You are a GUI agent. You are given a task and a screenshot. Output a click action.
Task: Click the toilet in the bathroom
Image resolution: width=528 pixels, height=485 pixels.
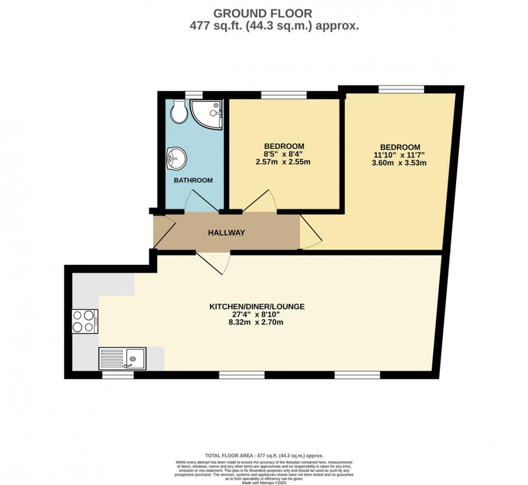(x=179, y=112)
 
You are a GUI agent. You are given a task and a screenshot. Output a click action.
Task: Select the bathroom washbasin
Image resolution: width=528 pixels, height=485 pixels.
(x=175, y=157)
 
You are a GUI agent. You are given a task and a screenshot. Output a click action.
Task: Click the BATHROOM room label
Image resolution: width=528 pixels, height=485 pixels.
(x=193, y=181)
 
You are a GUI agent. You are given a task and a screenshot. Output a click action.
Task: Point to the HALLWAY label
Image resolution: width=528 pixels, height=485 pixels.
(x=226, y=233)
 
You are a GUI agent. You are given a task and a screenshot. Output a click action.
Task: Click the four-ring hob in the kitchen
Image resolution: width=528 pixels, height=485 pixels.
(x=84, y=321)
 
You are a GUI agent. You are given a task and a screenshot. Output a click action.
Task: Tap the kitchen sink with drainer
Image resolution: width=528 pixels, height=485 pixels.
(x=123, y=358)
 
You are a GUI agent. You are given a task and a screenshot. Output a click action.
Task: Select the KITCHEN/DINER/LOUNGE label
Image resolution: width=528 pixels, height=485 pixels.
(x=256, y=307)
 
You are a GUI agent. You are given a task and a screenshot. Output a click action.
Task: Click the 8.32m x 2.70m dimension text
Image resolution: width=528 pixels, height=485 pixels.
(x=256, y=322)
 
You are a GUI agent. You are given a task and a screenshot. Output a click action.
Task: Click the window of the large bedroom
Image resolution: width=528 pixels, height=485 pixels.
(x=402, y=89)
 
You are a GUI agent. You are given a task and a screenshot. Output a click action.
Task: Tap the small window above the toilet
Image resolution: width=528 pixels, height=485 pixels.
(x=194, y=95)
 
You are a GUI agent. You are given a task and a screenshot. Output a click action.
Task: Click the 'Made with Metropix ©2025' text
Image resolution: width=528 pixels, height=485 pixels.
(x=264, y=482)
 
